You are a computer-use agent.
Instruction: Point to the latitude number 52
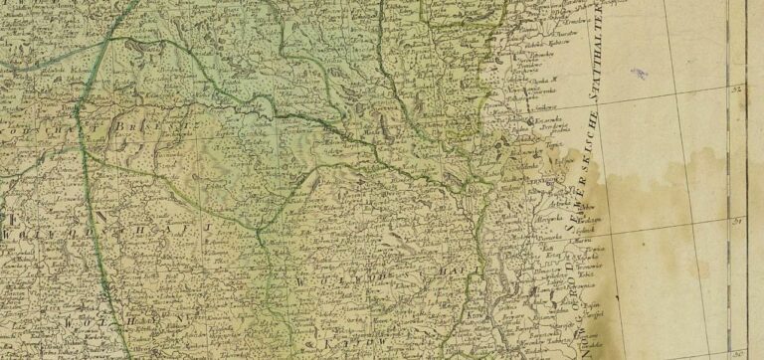738,90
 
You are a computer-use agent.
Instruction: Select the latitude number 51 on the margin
738,221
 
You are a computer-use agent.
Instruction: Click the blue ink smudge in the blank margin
639,73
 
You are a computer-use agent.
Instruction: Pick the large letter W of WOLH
70,323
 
